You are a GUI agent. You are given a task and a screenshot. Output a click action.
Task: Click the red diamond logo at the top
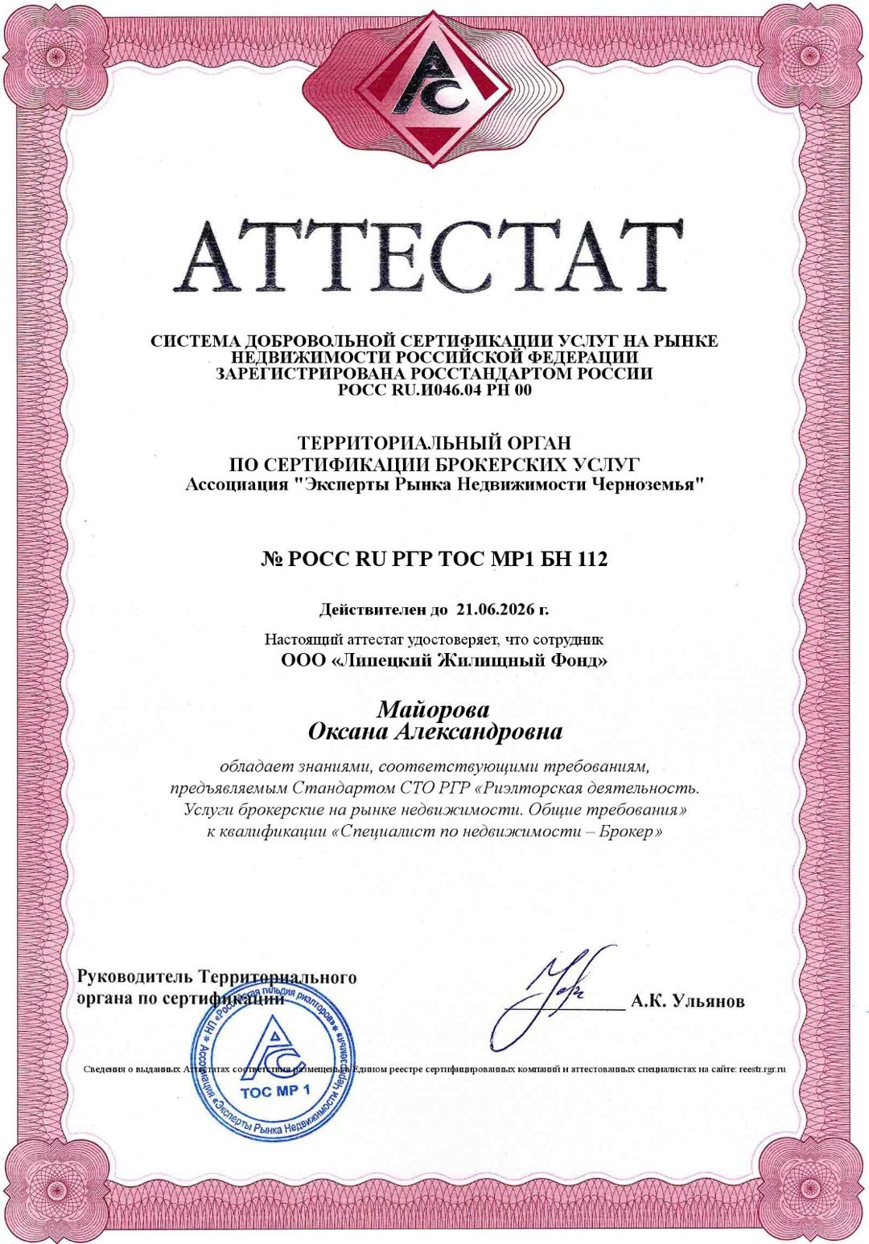click(433, 88)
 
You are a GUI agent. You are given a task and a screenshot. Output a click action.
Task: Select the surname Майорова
click(433, 710)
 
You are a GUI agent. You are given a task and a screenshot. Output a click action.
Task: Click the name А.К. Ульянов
click(688, 1002)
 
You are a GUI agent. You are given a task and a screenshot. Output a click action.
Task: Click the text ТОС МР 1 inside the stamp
click(275, 1091)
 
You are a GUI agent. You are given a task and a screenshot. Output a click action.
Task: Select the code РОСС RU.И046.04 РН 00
click(434, 391)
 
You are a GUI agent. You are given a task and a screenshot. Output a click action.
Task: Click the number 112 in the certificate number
click(591, 559)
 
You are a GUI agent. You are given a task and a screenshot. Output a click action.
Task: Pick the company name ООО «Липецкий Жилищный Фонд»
click(444, 661)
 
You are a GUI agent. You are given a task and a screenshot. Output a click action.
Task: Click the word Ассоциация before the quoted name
click(237, 485)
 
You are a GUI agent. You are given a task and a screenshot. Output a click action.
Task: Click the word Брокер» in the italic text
click(636, 831)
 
